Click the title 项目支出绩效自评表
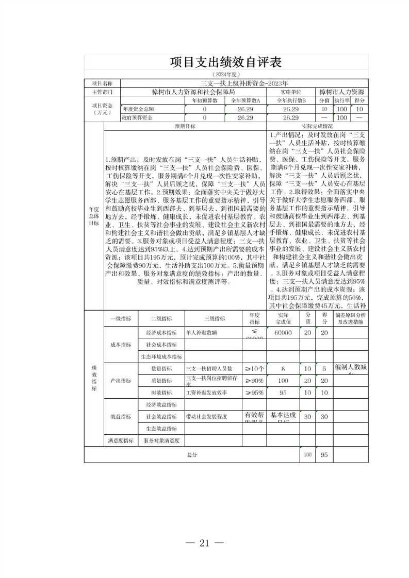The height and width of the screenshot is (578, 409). point(226,62)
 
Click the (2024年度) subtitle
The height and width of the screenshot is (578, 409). point(226,75)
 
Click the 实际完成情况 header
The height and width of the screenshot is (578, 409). point(317,126)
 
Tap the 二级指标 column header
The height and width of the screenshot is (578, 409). point(161,318)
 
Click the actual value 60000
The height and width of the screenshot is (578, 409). point(283,333)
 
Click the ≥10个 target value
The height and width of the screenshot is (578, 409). point(254,369)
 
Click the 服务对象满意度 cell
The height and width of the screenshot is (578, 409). point(161,441)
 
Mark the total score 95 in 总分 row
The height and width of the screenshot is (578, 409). point(324,455)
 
